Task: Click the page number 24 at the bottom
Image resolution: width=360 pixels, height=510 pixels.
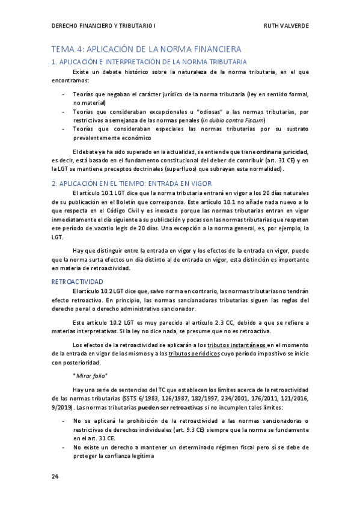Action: [55, 476]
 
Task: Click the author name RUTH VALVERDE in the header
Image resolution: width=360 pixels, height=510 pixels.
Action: [286, 26]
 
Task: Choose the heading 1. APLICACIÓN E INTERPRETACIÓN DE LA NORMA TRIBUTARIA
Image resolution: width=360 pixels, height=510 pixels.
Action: [149, 62]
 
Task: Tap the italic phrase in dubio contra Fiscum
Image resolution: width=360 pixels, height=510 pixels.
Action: [231, 120]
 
